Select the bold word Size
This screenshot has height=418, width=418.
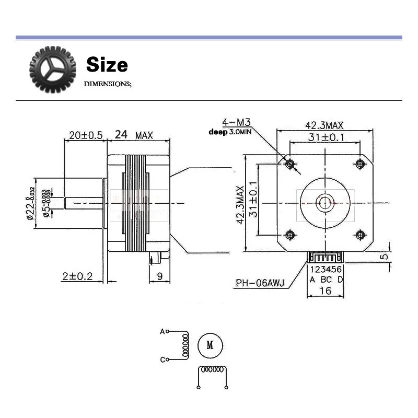107,65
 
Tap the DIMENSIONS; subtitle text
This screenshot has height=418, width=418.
108,84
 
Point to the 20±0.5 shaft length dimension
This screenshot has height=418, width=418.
85,135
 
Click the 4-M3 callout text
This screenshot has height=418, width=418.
237,123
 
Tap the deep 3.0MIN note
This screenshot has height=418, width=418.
230,132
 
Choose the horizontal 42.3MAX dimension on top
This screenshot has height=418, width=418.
324,125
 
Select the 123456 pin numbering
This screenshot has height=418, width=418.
326,270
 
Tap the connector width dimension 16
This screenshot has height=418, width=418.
326,291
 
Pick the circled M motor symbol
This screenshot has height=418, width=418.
210,345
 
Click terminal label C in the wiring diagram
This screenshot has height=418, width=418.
162,359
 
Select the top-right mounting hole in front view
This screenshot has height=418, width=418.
359,164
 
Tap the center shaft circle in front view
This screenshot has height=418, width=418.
326,202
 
